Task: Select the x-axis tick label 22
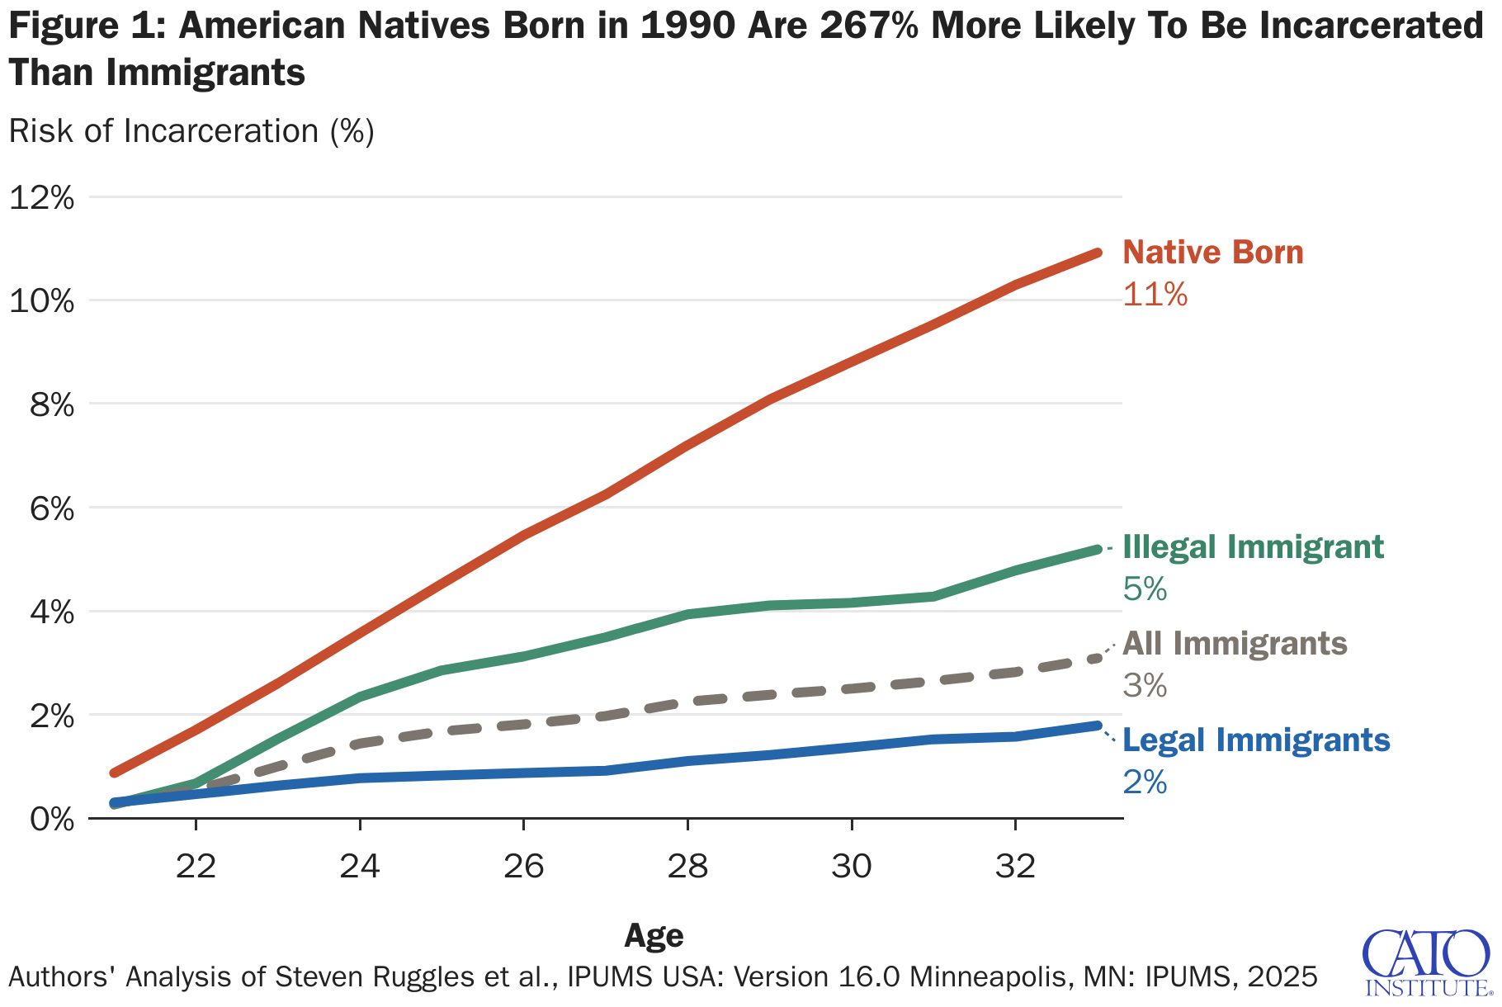pyautogui.click(x=196, y=867)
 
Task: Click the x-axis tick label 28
pyautogui.click(x=687, y=867)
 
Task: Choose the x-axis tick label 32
pyautogui.click(x=1015, y=867)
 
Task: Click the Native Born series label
pyautogui.click(x=1213, y=253)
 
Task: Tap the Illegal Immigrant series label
pyautogui.click(x=1253, y=547)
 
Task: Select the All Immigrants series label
pyautogui.click(x=1235, y=644)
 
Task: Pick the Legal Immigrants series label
pyautogui.click(x=1256, y=740)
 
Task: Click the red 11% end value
pyautogui.click(x=1155, y=295)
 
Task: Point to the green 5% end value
pyautogui.click(x=1145, y=589)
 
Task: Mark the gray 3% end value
pyautogui.click(x=1145, y=686)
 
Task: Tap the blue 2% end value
pyautogui.click(x=1145, y=782)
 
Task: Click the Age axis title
pyautogui.click(x=654, y=935)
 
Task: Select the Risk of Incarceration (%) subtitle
pyautogui.click(x=191, y=131)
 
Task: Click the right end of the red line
pyautogui.click(x=1097, y=253)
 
